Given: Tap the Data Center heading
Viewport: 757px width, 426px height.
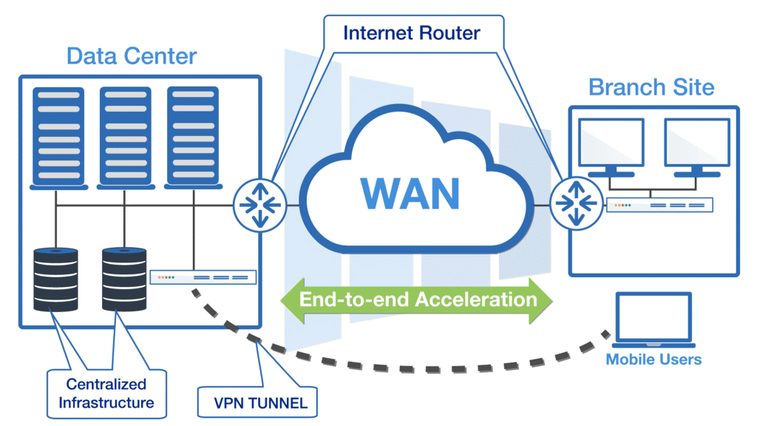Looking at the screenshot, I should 132,56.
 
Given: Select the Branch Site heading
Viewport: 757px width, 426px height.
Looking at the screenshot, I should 651,87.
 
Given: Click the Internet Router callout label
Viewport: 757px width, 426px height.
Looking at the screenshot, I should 411,33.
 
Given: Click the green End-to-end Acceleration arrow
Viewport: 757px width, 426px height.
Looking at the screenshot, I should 417,300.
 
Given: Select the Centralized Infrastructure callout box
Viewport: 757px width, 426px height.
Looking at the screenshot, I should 106,393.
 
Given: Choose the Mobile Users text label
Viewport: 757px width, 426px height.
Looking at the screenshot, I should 654,360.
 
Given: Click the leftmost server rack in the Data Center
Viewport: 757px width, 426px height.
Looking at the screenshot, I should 55,137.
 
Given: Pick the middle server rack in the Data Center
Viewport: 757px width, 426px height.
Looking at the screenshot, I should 123,137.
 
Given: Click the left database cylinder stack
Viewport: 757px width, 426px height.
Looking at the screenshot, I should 55,280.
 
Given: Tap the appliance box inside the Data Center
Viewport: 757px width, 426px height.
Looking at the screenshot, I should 203,277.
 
